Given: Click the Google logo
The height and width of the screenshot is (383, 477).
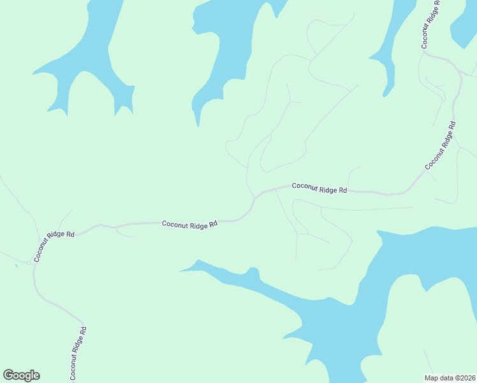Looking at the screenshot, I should pos(22,375).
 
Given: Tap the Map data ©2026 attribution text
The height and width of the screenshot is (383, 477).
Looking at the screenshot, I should pos(450,377).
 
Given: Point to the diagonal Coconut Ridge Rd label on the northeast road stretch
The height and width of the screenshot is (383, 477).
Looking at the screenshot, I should pos(441,146).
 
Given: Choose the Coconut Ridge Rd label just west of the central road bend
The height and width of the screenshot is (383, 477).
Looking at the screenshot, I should pos(189,223).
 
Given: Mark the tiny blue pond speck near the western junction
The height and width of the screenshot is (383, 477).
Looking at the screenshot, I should pos(16,265).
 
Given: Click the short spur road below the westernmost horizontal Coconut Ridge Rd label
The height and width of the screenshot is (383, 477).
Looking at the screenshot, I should pos(124,234).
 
